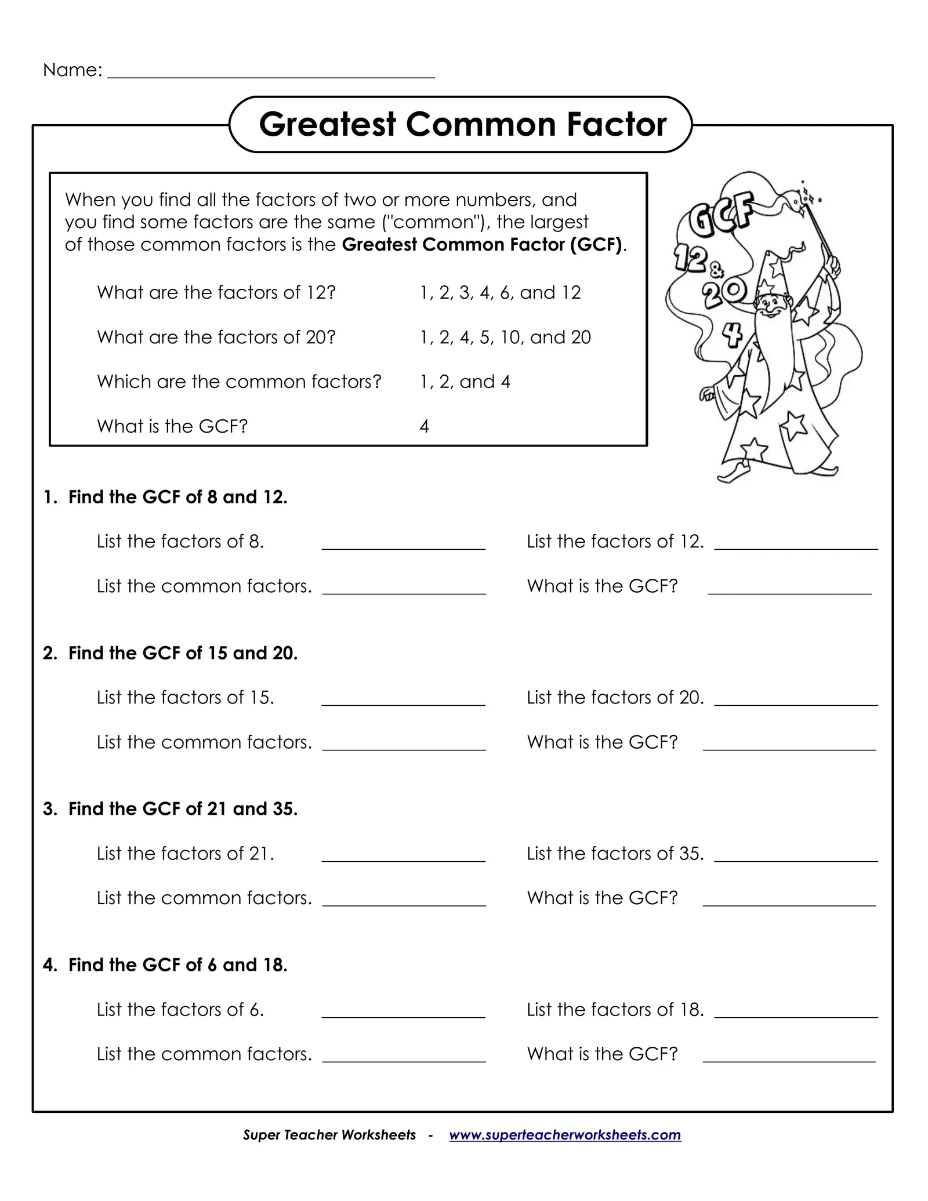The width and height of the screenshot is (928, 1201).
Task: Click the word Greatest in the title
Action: coord(328,124)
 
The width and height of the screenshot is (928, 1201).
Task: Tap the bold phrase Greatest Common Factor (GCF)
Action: coord(484,245)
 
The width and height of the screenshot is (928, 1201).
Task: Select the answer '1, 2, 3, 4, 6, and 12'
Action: coord(500,292)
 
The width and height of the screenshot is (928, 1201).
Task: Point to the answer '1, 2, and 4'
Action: coord(465,382)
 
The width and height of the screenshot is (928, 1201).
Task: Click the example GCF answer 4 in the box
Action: coord(424,427)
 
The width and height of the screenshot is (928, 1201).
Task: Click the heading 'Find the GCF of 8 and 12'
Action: coord(177,497)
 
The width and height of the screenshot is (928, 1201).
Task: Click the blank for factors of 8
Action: coord(403,545)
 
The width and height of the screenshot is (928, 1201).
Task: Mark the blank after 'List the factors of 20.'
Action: coord(796,701)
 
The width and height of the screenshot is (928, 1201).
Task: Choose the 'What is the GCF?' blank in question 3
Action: coord(789,902)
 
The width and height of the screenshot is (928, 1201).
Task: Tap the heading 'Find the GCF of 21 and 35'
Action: coord(183,809)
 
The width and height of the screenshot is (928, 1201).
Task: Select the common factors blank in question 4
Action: coord(404,1058)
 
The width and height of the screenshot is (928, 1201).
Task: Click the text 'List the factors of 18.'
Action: coord(615,1010)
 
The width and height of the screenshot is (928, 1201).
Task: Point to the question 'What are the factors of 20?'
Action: coord(216,337)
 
